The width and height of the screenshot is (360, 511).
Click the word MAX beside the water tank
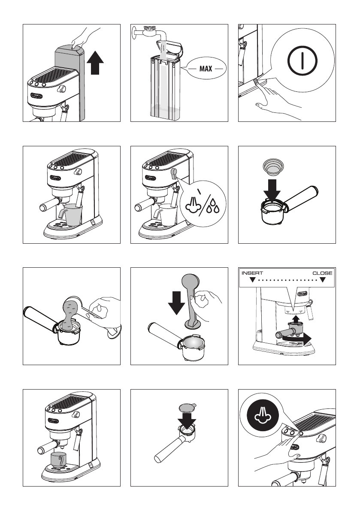click(206, 69)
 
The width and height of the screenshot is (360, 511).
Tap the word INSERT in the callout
click(252, 273)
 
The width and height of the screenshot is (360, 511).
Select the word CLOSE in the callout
click(322, 273)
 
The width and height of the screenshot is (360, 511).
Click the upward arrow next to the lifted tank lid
click(95, 63)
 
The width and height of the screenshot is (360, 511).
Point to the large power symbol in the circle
click(302, 60)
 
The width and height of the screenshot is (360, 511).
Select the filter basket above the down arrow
click(273, 166)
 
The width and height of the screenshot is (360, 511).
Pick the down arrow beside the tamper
click(177, 303)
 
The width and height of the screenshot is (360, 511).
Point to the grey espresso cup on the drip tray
click(59, 460)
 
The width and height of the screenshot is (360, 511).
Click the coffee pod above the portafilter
click(188, 407)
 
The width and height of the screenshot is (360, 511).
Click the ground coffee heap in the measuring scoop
click(69, 314)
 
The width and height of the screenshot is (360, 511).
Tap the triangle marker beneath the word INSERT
click(252, 280)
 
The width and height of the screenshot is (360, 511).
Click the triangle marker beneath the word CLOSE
click(323, 280)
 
